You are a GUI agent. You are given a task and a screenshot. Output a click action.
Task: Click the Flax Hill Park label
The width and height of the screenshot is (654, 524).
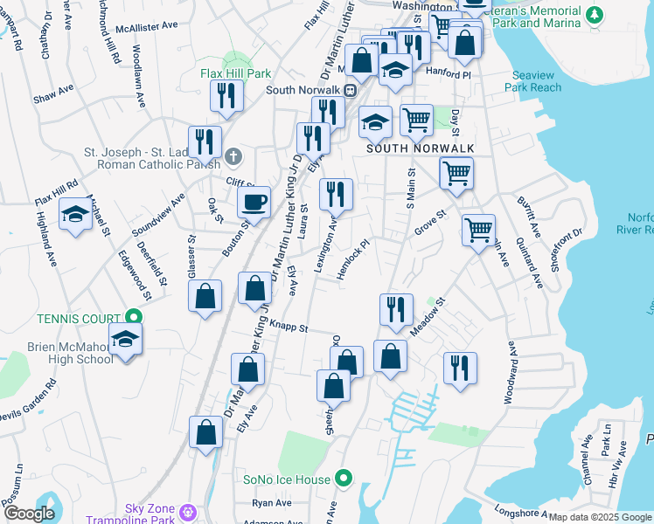pos(235,74)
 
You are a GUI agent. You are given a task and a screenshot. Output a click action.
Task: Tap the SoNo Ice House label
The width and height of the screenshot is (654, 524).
pos(288,479)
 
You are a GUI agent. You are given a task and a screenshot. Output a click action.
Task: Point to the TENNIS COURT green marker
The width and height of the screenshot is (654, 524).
pos(134,316)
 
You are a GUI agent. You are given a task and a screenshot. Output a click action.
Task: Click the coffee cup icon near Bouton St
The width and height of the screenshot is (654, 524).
pos(254,203)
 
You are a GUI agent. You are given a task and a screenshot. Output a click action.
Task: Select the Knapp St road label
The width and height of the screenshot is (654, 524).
pos(289,327)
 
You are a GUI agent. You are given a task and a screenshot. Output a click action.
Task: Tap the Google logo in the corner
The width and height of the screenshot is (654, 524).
pos(29,514)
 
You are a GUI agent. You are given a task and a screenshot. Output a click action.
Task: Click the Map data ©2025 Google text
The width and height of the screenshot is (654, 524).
pos(600,517)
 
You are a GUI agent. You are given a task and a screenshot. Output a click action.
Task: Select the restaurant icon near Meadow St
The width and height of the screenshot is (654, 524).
pos(396,310)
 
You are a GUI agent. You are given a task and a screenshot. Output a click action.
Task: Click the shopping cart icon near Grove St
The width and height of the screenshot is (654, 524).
pos(478,231)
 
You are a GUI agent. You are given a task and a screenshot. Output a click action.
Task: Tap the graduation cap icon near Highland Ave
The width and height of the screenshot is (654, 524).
pos(76,214)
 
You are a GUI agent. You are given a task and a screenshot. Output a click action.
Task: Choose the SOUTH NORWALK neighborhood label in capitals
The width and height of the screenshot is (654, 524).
pos(420,148)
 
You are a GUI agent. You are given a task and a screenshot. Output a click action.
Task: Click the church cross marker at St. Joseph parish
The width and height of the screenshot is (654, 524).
pos(233,157)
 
